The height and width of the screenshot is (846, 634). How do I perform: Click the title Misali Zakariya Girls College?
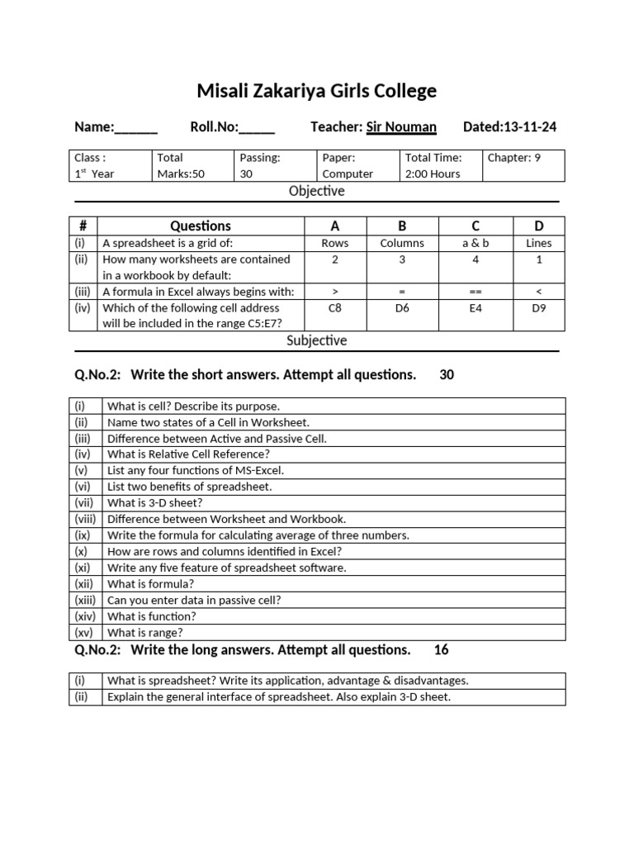coord(317,91)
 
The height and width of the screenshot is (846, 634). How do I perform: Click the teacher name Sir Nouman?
coord(401,126)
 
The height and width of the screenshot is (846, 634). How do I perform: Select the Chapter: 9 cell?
coord(524,165)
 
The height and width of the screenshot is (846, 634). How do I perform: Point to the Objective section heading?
coord(317,191)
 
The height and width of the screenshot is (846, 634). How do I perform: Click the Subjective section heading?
coord(317,340)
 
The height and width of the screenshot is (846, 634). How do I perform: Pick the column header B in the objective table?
coord(402,226)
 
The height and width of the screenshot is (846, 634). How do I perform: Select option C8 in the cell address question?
coord(334,307)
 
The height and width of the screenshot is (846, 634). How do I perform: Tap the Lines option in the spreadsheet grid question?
coord(538,243)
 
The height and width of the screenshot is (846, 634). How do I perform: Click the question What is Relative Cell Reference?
coord(188,454)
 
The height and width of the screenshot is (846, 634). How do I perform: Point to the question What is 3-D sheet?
coord(154,502)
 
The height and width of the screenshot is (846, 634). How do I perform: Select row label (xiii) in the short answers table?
coord(85,600)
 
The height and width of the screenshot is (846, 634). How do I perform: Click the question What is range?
coord(145,633)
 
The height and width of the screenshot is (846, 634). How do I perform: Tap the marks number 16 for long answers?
coord(441,650)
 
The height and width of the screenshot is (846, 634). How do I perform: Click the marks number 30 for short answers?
coord(447,375)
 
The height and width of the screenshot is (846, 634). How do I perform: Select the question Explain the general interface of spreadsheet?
coord(279,696)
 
